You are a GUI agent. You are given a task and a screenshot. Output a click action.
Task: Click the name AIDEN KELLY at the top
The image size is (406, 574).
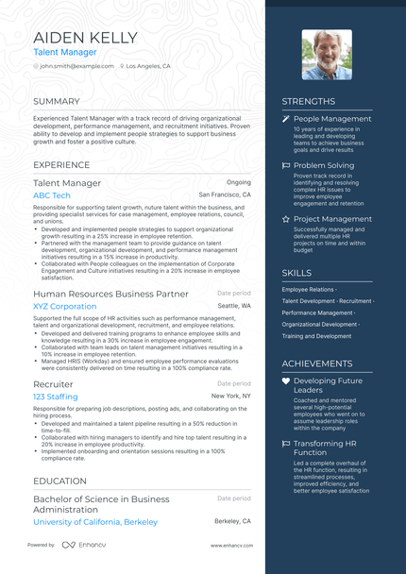[x=85, y=38]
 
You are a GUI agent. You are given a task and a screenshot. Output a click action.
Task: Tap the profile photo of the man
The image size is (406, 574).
[x=327, y=54]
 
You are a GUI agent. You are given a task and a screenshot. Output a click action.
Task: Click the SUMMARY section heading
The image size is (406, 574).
[x=57, y=101]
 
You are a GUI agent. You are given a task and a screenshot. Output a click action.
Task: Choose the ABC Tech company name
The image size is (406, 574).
[x=52, y=194]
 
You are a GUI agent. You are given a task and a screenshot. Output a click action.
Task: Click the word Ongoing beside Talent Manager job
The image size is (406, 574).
[x=239, y=181]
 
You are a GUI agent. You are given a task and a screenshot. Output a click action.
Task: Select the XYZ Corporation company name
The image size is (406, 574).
[x=65, y=306]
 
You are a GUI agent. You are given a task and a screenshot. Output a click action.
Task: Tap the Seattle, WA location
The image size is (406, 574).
[x=234, y=306]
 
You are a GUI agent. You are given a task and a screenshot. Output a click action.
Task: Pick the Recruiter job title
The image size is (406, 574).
[x=53, y=384]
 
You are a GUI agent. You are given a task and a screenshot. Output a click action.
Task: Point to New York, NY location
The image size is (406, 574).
[x=231, y=397]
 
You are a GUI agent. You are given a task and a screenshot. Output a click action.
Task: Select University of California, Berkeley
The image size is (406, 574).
[x=95, y=521]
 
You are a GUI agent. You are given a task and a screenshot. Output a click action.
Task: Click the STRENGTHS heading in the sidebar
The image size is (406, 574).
[x=308, y=101]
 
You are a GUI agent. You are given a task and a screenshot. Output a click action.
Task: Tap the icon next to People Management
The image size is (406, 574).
[x=286, y=119]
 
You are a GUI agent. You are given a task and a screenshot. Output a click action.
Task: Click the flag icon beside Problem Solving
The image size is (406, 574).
[x=286, y=165]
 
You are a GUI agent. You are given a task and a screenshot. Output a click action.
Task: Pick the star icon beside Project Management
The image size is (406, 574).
[x=286, y=219]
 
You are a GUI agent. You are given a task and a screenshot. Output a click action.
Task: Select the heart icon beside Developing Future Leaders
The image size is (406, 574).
[x=286, y=380]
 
